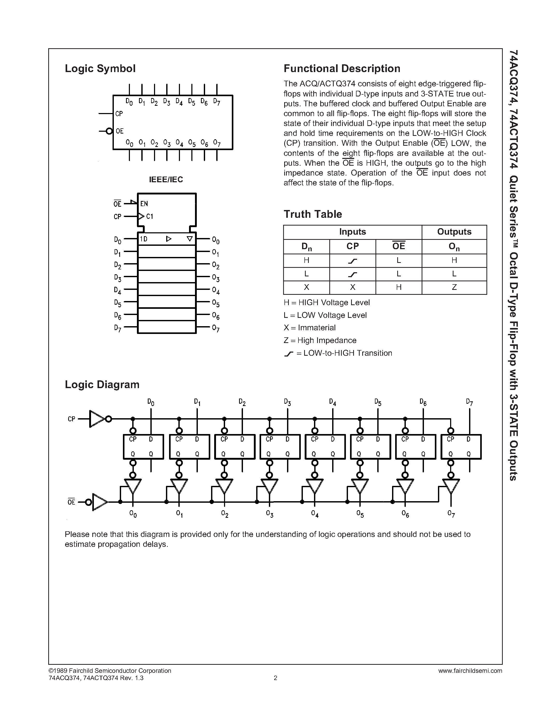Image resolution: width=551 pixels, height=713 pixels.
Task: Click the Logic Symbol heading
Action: (x=100, y=68)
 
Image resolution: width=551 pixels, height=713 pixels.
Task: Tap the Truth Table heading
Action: (x=312, y=214)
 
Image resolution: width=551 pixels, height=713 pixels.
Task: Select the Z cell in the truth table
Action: (x=454, y=287)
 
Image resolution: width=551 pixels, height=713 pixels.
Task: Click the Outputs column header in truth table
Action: (x=454, y=232)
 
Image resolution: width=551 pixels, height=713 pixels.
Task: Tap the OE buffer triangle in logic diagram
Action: (x=99, y=502)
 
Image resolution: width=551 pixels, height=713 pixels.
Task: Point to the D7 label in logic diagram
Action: (x=469, y=402)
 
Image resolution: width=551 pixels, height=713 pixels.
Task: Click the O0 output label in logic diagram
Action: (x=133, y=514)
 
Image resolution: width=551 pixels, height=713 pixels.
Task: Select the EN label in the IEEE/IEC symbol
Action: (x=144, y=204)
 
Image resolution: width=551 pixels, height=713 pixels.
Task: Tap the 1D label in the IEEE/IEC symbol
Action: (x=144, y=239)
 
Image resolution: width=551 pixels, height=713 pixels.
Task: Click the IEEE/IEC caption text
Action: (x=166, y=180)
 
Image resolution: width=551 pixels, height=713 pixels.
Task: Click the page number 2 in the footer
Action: (x=275, y=678)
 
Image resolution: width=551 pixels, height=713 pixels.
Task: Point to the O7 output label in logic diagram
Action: (x=451, y=514)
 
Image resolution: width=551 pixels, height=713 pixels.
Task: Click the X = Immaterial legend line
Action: (x=309, y=328)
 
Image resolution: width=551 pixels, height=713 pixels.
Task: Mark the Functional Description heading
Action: (x=342, y=68)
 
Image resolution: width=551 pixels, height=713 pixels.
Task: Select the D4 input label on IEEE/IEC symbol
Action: (x=117, y=290)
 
